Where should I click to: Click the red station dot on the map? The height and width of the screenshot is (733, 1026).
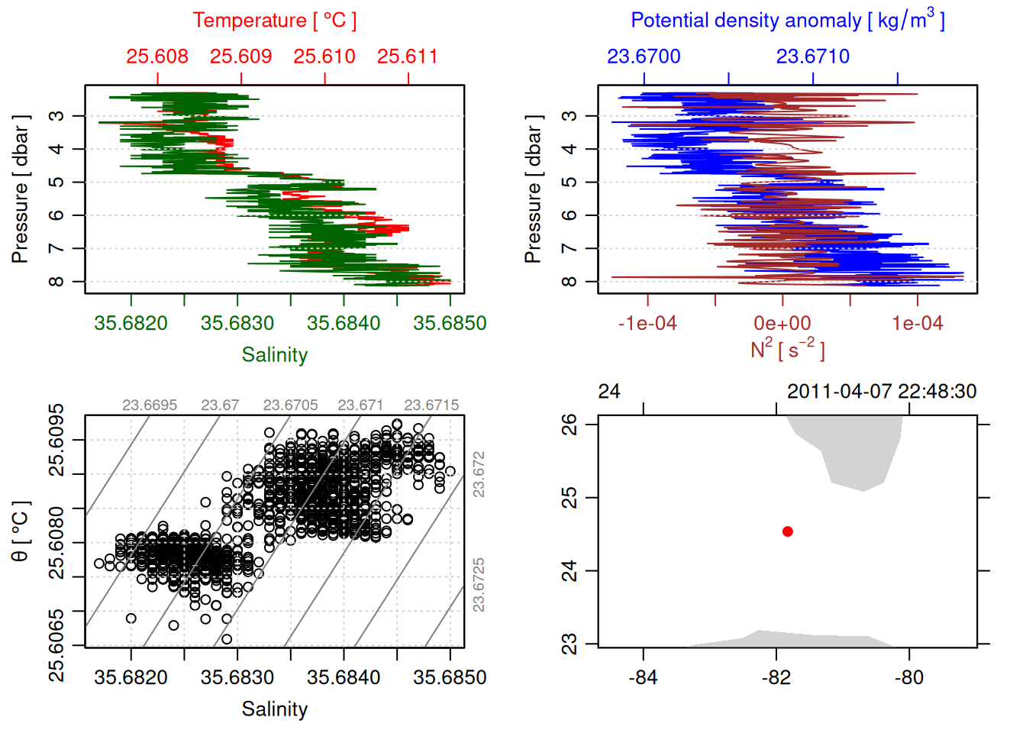(x=788, y=531)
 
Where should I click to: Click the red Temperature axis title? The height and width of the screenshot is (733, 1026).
(x=274, y=21)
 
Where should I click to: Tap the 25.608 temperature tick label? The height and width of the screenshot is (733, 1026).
(x=157, y=57)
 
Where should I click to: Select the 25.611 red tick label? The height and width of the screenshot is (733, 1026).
(x=408, y=57)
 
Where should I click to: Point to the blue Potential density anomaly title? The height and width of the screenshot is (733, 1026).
(x=787, y=21)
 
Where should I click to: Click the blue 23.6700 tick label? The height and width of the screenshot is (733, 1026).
(x=644, y=57)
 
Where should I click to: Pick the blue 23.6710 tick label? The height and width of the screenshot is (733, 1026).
(x=813, y=57)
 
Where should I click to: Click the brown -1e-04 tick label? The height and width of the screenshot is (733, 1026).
(x=647, y=324)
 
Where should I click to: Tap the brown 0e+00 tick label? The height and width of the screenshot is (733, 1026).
(x=782, y=324)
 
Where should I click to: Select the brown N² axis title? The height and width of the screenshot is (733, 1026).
(x=787, y=350)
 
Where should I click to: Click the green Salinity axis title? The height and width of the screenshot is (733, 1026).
(x=274, y=355)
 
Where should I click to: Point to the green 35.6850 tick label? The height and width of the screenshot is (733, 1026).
(x=450, y=324)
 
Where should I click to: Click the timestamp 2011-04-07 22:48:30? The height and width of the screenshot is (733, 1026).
(x=882, y=392)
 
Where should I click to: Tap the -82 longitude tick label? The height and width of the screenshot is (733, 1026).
(x=776, y=678)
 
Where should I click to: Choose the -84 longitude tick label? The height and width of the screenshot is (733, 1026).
(x=644, y=678)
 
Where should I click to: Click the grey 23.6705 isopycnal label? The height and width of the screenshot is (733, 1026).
(x=290, y=405)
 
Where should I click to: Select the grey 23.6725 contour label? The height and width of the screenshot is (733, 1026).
(x=479, y=585)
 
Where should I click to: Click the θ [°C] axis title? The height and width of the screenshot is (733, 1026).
(x=21, y=531)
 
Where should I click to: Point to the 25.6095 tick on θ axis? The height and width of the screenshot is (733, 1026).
(x=56, y=441)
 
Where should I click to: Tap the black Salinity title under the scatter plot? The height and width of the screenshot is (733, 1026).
(x=274, y=709)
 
